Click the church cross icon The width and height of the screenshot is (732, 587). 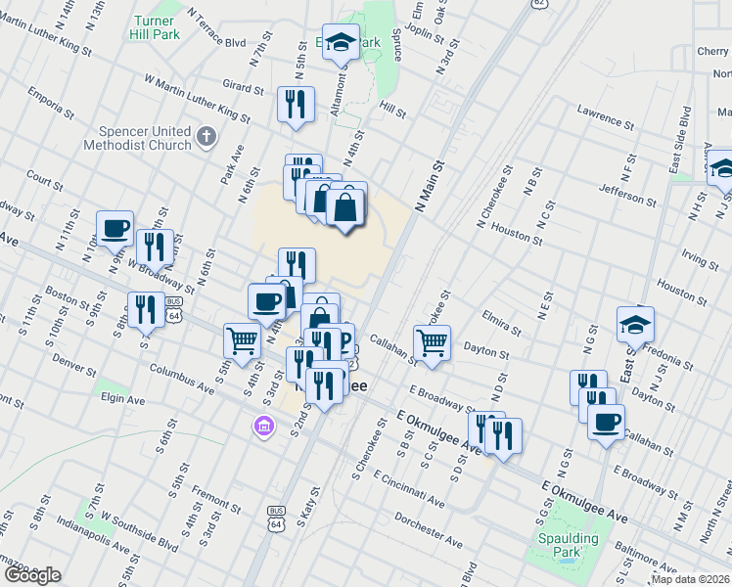click(206, 137)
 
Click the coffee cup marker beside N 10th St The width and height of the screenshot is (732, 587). click(115, 228)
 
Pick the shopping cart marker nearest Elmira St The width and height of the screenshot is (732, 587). click(432, 342)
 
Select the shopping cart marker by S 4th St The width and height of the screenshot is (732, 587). click(242, 340)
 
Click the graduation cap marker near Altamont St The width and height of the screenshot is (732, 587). click(341, 42)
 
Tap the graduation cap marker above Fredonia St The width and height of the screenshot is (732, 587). click(635, 324)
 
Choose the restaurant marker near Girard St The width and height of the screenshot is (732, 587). click(295, 104)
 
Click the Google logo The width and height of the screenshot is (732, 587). click(32, 575)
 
